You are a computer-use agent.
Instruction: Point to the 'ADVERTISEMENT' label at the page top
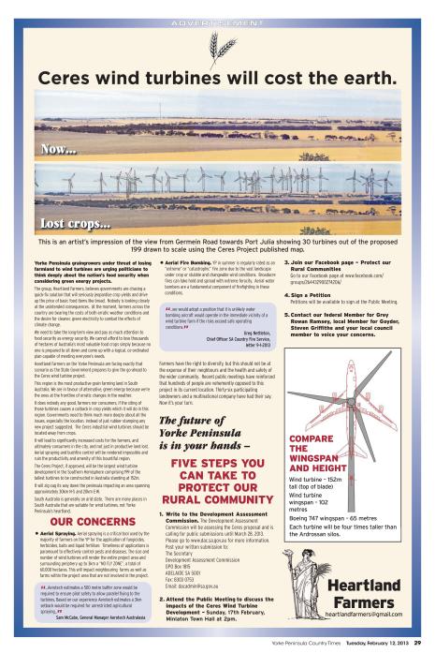tap(217, 18)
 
